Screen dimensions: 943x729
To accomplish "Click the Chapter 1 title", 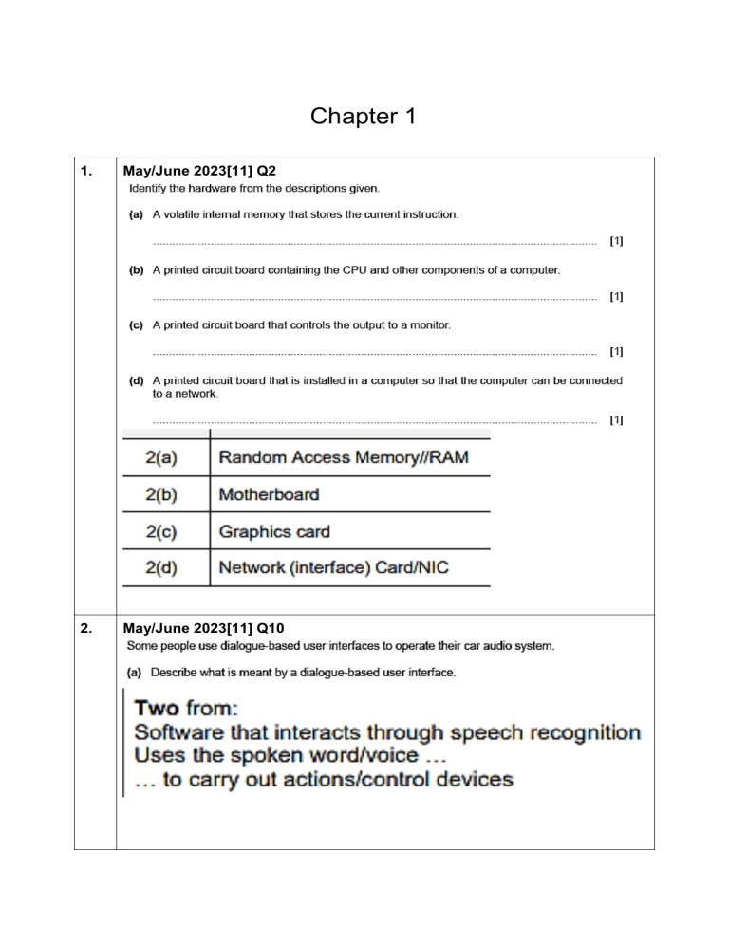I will tap(364, 117).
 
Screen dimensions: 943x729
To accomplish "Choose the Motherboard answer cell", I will tap(269, 494).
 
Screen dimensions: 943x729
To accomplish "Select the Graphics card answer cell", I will tap(274, 531).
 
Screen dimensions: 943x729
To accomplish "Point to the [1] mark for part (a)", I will tap(616, 242).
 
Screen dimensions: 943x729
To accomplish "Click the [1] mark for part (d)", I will tap(616, 419).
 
